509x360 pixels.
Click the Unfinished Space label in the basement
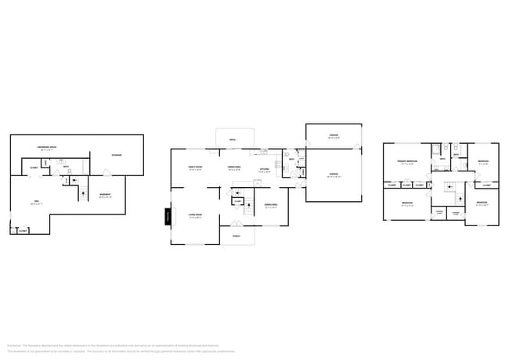tap(49, 148)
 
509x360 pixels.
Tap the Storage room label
tap(117, 155)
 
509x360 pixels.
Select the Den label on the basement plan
tap(33, 203)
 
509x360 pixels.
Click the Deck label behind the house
tap(233, 140)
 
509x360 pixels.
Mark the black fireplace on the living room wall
tap(168, 216)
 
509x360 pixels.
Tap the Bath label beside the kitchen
tap(291, 160)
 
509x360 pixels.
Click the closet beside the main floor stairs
tap(237, 201)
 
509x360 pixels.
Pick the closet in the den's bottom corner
tap(21, 231)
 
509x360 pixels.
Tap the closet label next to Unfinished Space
tap(34, 167)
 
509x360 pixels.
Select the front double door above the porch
tap(236, 225)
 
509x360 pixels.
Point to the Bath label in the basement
tap(66, 167)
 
